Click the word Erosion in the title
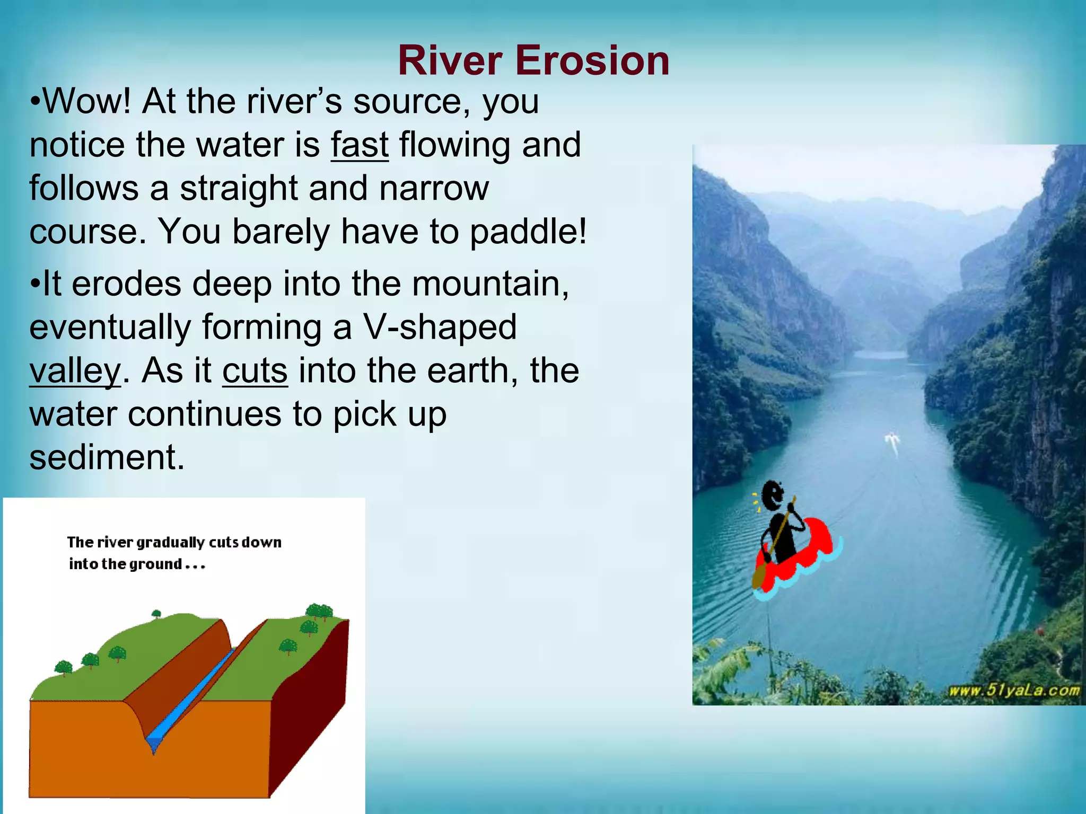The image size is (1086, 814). coord(592,60)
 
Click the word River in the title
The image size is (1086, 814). coord(450,60)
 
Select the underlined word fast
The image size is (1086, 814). coord(360,145)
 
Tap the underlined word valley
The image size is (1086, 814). coord(75,371)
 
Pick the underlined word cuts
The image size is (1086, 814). coord(255,370)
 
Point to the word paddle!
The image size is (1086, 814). coord(528,232)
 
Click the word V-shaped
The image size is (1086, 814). coord(440,327)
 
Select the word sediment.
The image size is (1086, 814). coord(107,457)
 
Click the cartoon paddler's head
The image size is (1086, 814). coord(772,495)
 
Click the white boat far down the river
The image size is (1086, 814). coord(892,441)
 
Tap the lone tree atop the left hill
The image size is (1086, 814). coord(156,614)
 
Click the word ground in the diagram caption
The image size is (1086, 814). coord(155,564)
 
